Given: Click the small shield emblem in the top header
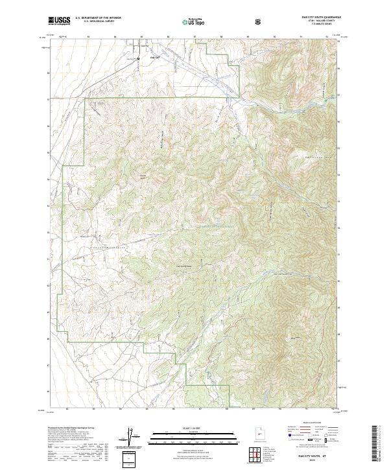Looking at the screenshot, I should (258, 21).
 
